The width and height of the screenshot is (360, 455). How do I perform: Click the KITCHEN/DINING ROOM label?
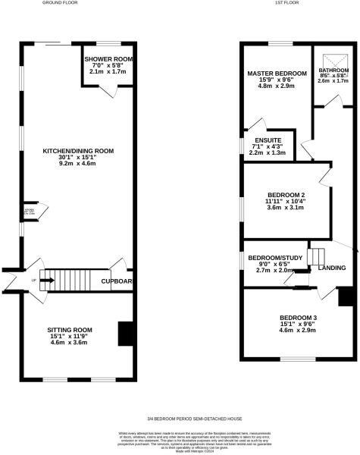[78, 151]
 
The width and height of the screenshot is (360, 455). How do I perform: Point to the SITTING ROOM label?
[70, 330]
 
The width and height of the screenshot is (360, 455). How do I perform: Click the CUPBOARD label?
[117, 281]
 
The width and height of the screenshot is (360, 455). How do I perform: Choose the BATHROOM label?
[333, 70]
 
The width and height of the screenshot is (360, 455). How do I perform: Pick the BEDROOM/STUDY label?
[274, 257]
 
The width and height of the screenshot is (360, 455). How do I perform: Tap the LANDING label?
[333, 268]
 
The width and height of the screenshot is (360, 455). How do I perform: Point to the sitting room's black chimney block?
[125, 333]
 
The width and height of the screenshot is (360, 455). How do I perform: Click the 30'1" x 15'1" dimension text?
[78, 158]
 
